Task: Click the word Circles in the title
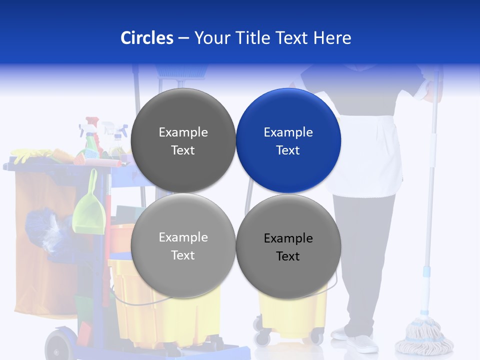146,38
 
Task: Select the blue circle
288,140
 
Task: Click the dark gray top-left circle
183,140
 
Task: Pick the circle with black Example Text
288,246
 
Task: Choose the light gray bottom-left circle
183,245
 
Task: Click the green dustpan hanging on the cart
90,207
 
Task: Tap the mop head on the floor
423,335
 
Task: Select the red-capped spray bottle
92,135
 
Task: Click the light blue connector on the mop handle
426,272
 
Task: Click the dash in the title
183,38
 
